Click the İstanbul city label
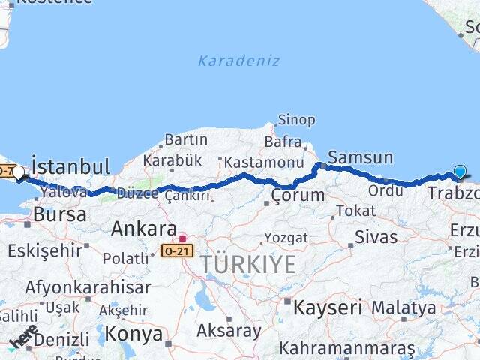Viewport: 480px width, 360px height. tap(70, 166)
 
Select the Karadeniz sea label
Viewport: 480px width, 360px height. tap(238, 61)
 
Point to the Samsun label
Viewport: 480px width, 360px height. tap(361, 157)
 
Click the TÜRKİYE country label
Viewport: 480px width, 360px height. tap(248, 264)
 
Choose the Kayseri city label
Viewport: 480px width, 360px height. tap(328, 307)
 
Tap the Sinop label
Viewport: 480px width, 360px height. tap(297, 120)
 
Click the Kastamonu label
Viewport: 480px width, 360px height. tap(262, 162)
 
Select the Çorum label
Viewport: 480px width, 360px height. tap(298, 196)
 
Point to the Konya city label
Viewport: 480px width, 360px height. tap(133, 333)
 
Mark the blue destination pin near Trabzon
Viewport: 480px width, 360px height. tap(460, 172)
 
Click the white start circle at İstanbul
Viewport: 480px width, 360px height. tap(19, 172)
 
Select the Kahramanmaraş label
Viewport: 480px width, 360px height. tap(347, 348)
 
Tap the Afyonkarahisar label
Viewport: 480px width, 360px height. tap(88, 286)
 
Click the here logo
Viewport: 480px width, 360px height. tap(24, 335)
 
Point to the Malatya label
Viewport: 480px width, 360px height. tap(403, 307)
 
